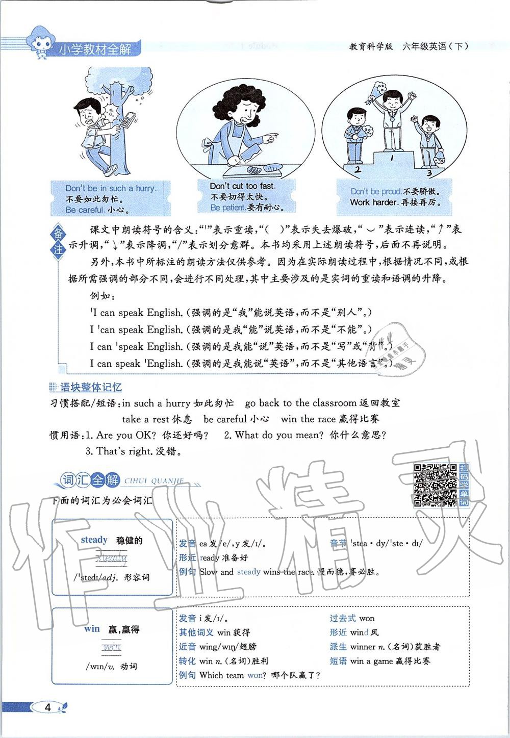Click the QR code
[435, 485]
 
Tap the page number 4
[48, 707]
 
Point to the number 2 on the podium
[358, 169]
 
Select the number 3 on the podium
[429, 173]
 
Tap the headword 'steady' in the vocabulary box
[94, 540]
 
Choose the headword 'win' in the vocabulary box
[92, 628]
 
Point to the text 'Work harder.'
[374, 202]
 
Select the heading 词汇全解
[90, 480]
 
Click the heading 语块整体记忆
[91, 388]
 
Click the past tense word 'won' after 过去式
[367, 618]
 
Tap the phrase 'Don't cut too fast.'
[242, 186]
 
